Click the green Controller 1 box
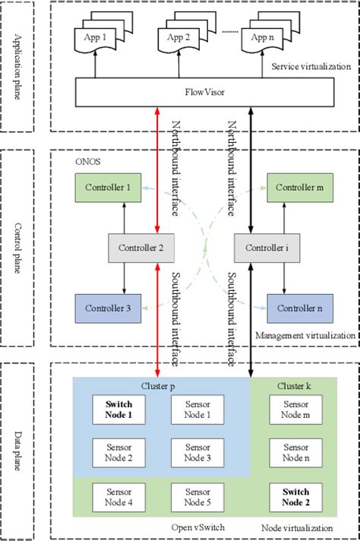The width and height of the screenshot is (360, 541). [x=107, y=188]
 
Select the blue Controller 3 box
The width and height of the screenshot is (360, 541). [x=107, y=308]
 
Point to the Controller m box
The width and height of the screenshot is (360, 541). [x=302, y=188]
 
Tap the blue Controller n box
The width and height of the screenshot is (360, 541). [x=302, y=308]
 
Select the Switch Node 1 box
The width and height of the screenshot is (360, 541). [x=119, y=410]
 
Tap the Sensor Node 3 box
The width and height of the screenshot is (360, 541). [x=197, y=453]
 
